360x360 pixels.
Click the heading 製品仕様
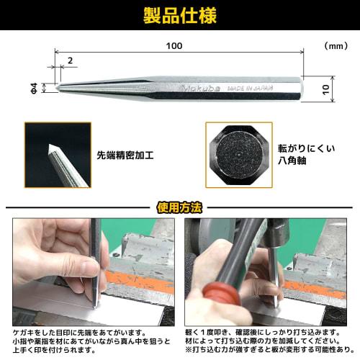(x=180, y=16)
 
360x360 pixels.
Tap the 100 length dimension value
(x=174, y=46)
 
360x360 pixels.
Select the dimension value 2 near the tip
(x=69, y=60)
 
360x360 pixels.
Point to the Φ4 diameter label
(x=46, y=88)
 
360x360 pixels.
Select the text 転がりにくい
(x=307, y=148)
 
